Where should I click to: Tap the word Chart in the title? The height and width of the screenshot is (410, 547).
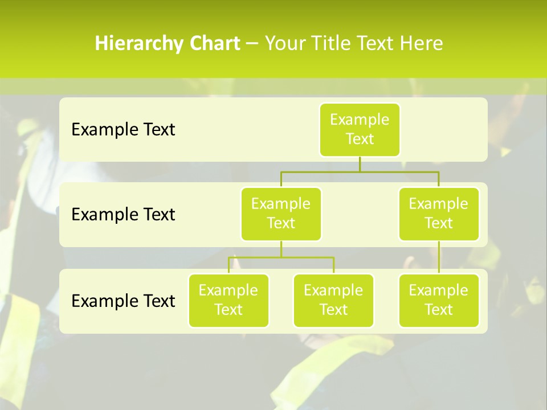point(215,44)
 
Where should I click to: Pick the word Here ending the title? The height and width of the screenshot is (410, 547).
point(422,44)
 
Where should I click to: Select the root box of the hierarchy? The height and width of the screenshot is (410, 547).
point(360,130)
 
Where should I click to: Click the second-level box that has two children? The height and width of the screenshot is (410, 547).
point(281,214)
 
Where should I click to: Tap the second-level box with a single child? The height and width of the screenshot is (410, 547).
point(439,214)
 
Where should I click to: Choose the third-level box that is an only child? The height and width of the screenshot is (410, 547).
point(439,301)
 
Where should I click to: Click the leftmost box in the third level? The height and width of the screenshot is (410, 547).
point(228,301)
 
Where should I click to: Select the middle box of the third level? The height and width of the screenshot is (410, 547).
point(333,301)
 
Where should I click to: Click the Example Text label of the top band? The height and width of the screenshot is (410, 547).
point(123,130)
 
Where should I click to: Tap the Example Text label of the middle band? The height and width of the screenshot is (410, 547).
point(123,215)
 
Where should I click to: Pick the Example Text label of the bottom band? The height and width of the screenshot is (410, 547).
point(123,301)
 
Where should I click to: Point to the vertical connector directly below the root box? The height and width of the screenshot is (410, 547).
point(360,164)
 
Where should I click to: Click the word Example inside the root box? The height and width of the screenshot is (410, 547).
point(360,120)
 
